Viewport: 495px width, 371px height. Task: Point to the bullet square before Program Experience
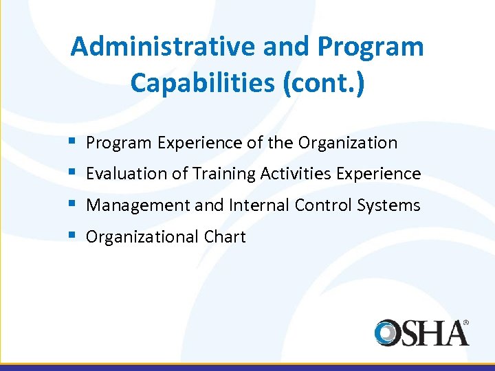73,142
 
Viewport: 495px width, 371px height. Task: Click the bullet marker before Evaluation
73,173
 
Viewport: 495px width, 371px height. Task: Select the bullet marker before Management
73,205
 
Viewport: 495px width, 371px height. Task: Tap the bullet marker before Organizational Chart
73,236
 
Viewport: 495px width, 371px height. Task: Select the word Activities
296,174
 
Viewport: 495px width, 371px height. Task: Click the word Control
322,205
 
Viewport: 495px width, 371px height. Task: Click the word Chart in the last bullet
224,237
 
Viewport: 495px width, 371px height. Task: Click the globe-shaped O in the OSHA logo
389,333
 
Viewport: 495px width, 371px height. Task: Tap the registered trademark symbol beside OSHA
465,322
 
